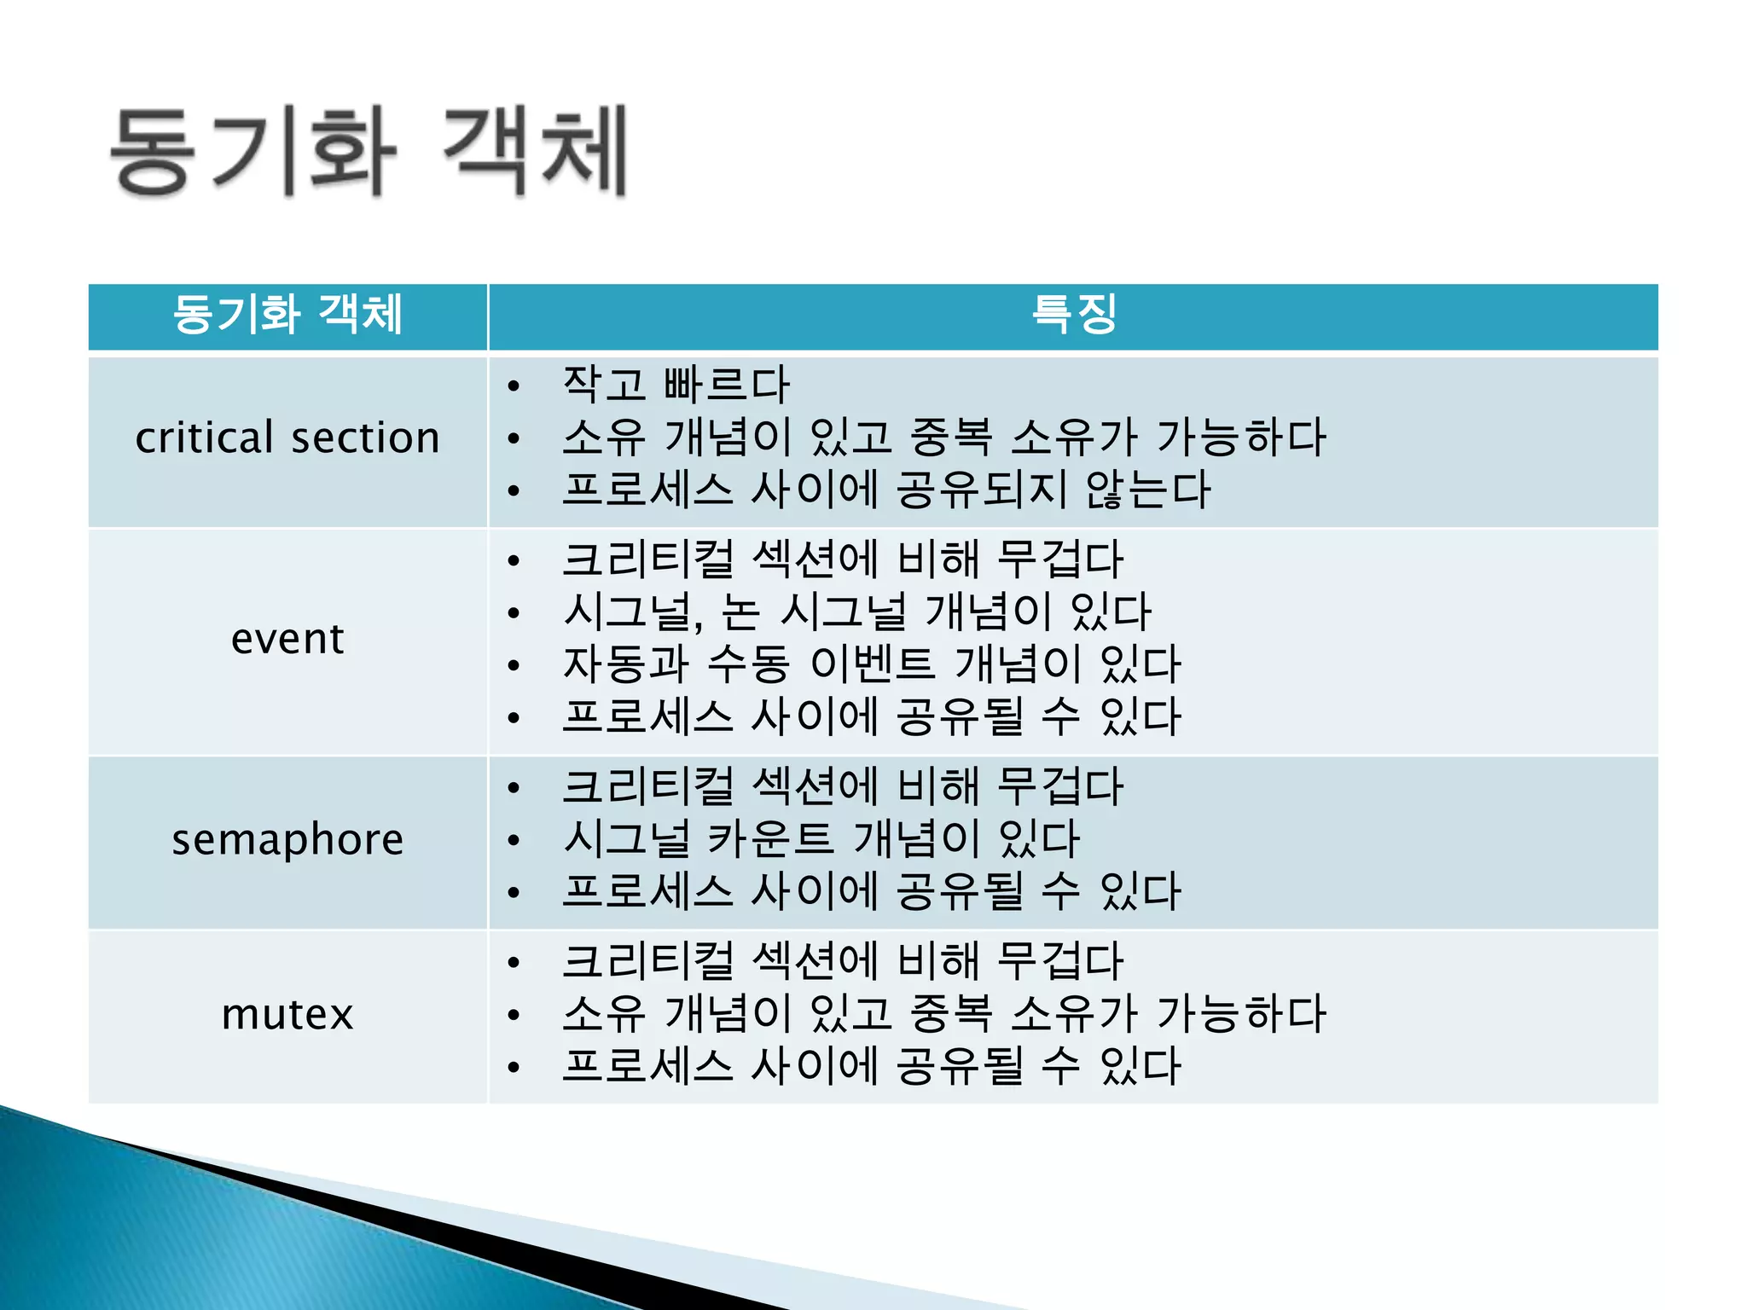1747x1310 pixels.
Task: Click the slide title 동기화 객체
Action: click(369, 152)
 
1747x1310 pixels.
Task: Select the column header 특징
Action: click(1073, 315)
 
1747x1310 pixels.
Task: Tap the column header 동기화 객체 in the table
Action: click(287, 315)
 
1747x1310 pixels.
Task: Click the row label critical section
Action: click(287, 438)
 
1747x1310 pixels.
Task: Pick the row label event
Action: click(287, 639)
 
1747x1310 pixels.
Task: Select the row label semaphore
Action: click(287, 840)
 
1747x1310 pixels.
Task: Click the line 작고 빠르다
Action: click(676, 385)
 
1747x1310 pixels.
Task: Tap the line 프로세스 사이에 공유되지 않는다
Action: click(885, 490)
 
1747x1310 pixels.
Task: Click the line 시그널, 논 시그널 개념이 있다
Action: click(856, 612)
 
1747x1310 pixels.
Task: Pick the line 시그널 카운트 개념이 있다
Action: click(821, 839)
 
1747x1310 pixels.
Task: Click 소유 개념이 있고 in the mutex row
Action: click(727, 1014)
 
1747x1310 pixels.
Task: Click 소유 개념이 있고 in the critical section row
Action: click(727, 438)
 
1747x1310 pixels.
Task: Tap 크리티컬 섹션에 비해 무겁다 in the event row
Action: click(842, 560)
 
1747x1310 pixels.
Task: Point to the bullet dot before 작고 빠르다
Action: click(513, 386)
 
